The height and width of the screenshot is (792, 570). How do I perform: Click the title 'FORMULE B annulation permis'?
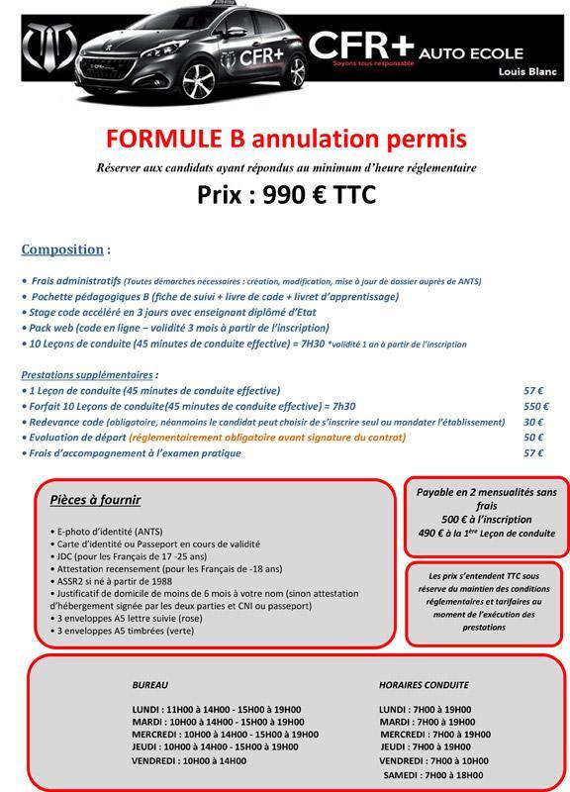(284, 137)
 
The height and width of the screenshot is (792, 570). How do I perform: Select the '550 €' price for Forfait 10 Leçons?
(535, 406)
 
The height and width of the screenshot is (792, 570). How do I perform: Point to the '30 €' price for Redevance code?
(533, 422)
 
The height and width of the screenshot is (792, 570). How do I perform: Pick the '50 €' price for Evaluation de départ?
(533, 438)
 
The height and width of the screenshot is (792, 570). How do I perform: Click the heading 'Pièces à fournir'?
(95, 500)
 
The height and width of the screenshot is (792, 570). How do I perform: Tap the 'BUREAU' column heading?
(150, 684)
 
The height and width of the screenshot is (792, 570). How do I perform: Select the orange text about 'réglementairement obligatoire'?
(281, 438)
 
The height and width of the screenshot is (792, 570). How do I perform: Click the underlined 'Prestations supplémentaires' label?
(86, 375)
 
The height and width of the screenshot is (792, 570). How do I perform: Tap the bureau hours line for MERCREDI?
(225, 735)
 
